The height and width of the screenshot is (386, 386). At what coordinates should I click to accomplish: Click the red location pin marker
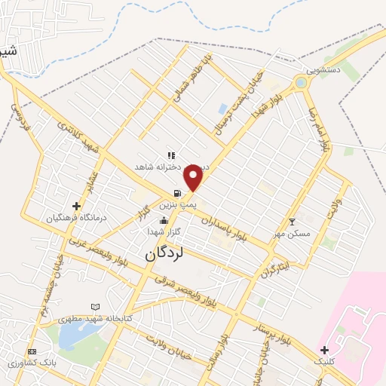click(x=194, y=177)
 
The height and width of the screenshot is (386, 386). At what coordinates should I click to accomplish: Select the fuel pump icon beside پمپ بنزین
click(x=176, y=193)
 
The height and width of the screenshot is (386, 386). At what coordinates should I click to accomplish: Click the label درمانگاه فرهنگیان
click(x=72, y=218)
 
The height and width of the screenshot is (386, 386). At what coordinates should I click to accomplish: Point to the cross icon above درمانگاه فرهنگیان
click(x=76, y=205)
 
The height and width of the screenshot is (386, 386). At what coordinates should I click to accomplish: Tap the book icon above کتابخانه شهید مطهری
click(x=94, y=307)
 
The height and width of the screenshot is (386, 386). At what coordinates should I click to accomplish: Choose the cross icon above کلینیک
click(x=324, y=350)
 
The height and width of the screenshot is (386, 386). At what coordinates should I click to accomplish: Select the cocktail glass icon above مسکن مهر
click(x=293, y=222)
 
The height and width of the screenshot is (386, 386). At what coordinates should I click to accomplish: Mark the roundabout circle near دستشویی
click(x=301, y=82)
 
